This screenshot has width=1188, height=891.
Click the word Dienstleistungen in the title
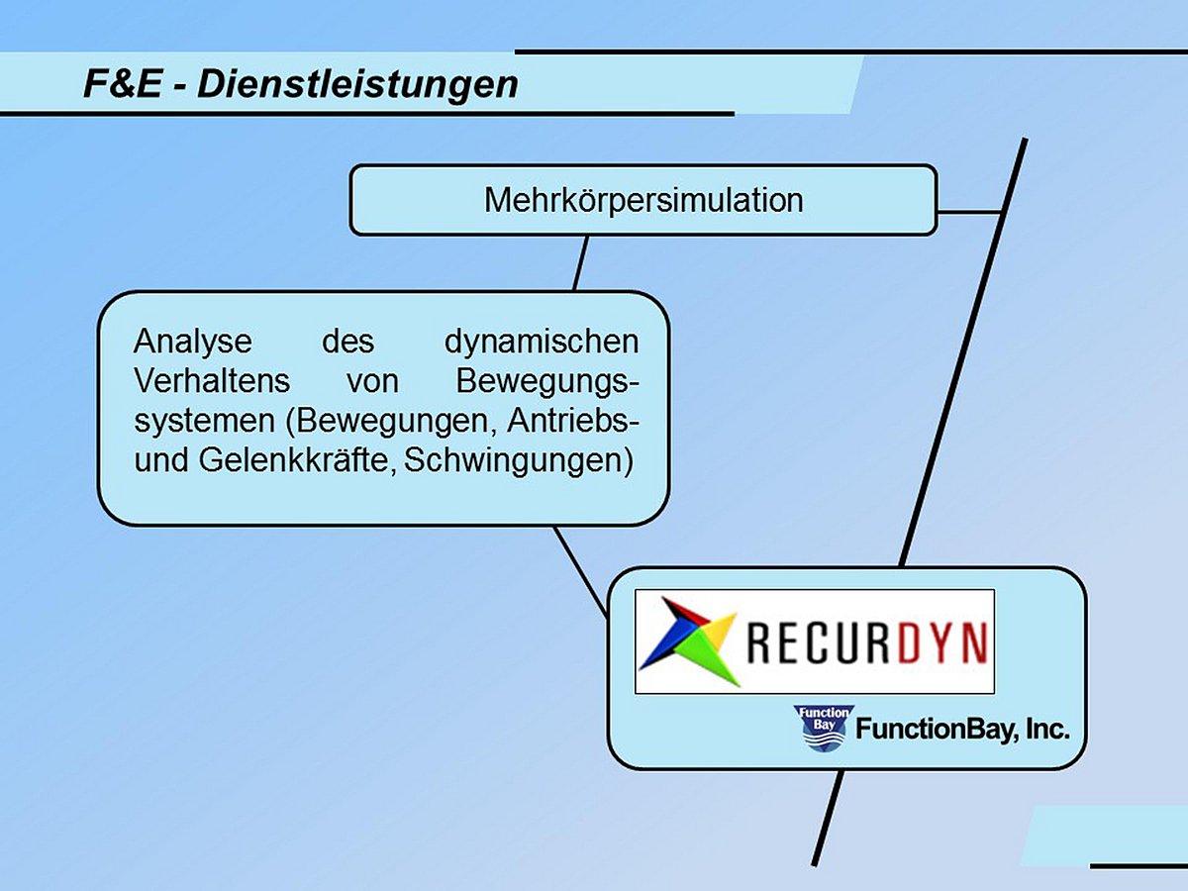tap(357, 84)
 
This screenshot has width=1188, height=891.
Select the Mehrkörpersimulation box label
tap(643, 200)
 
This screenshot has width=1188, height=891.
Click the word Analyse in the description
tap(193, 342)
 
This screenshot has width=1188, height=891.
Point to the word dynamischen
tap(542, 342)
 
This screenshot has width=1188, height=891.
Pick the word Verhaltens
tap(212, 381)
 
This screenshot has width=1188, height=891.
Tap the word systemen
tap(203, 421)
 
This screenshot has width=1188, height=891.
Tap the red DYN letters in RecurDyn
tap(941, 643)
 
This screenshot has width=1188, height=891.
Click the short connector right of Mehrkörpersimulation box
tap(970, 212)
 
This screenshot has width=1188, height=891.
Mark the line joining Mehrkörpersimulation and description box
tap(580, 262)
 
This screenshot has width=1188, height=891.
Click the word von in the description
tap(372, 381)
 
